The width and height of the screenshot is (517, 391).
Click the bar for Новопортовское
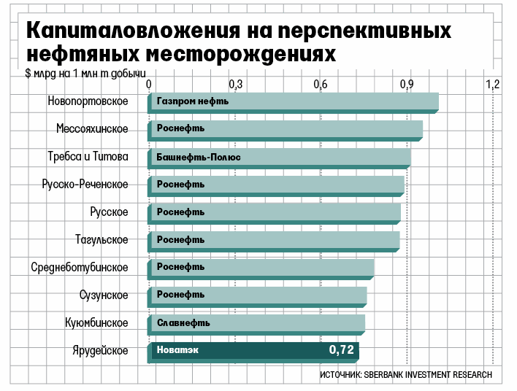click(x=292, y=101)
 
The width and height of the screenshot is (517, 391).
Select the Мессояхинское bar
click(x=285, y=129)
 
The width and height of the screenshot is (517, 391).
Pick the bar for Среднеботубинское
click(x=261, y=268)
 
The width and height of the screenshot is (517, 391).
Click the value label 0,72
click(x=341, y=351)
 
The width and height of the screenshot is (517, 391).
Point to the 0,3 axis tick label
click(x=235, y=84)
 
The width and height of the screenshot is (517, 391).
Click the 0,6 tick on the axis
click(x=321, y=84)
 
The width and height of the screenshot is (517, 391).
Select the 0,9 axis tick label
click(x=407, y=84)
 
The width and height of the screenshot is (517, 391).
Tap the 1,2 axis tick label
click(x=492, y=84)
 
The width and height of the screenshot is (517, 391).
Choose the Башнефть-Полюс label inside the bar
click(x=199, y=157)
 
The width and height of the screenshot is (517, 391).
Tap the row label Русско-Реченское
click(x=85, y=185)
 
